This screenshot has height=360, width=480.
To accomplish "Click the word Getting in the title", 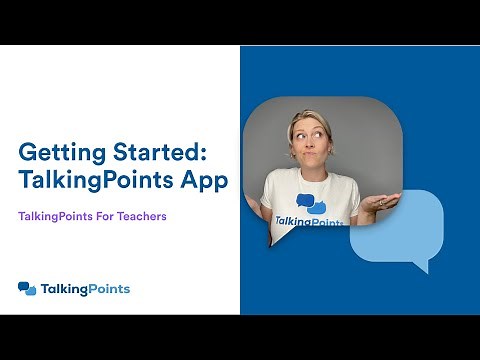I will tap(59, 154).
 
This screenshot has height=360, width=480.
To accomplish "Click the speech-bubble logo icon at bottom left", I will tap(27, 289).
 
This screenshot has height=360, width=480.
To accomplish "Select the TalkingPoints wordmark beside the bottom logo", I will tap(85, 289).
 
